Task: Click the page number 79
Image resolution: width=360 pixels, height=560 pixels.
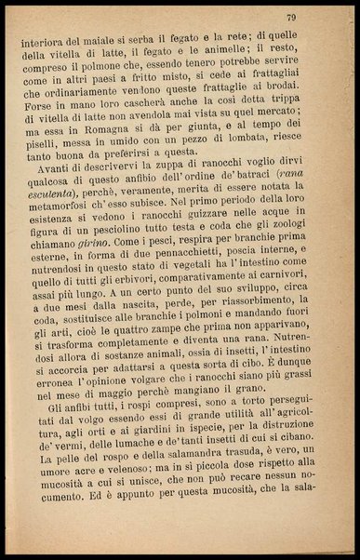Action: coord(317,17)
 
